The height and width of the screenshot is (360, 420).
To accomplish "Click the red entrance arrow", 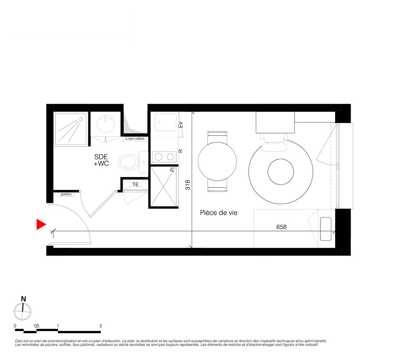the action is click(x=41, y=224).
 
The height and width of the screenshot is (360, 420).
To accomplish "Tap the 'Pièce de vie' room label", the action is click(x=218, y=213).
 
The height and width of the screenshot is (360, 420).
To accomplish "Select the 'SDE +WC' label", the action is click(x=101, y=160).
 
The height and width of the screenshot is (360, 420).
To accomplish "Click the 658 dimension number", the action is click(x=281, y=227).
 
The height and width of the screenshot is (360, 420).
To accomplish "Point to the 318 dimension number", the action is click(x=188, y=185).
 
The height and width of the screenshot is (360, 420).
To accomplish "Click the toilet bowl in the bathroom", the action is click(x=129, y=162).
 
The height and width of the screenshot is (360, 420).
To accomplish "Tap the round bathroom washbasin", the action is click(x=105, y=124).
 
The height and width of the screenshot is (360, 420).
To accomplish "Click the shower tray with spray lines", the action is click(x=71, y=129).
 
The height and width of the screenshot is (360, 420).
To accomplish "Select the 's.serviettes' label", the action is click(x=135, y=139).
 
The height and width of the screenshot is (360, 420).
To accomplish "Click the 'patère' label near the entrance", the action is click(x=66, y=194).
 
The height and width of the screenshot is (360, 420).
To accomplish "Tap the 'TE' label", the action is click(x=136, y=184).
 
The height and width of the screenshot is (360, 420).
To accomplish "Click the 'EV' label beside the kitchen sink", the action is click(x=181, y=125).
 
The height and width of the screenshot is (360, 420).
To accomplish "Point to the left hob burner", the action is click(x=159, y=157).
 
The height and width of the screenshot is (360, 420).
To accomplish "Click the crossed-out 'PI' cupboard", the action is click(x=163, y=187).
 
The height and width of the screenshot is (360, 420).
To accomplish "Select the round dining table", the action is click(x=217, y=161).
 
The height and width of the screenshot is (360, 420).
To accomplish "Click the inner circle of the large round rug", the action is click(x=281, y=172).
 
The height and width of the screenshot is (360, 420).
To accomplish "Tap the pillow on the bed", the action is click(x=326, y=229).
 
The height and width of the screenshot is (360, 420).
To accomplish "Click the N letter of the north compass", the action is click(x=24, y=299).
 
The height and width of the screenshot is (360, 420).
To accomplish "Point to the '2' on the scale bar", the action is click(x=101, y=326).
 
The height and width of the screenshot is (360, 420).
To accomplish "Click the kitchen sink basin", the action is click(x=165, y=122).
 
